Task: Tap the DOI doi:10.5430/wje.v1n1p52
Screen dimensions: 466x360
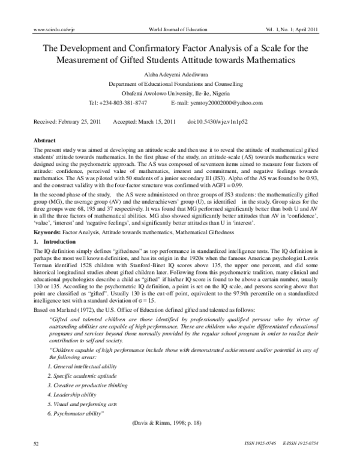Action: [224, 121]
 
